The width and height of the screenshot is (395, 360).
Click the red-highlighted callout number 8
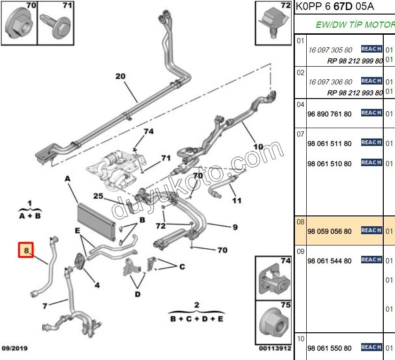(26, 251)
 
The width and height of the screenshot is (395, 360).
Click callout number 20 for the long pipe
(120, 76)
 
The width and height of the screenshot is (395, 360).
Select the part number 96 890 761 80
(329, 114)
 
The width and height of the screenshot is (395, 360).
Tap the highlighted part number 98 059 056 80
(329, 231)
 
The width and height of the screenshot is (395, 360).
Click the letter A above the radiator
(67, 179)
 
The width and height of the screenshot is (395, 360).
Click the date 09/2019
(15, 348)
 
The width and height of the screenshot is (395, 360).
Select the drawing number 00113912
(275, 348)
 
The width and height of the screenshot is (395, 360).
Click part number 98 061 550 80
(329, 348)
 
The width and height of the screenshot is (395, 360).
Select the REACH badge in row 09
(371, 260)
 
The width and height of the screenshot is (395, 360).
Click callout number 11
(237, 200)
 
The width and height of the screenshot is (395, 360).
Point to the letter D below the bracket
(138, 294)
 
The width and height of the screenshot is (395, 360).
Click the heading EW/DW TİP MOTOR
(355, 25)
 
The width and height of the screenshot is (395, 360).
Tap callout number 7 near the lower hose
(45, 306)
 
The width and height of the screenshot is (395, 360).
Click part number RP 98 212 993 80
(355, 93)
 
